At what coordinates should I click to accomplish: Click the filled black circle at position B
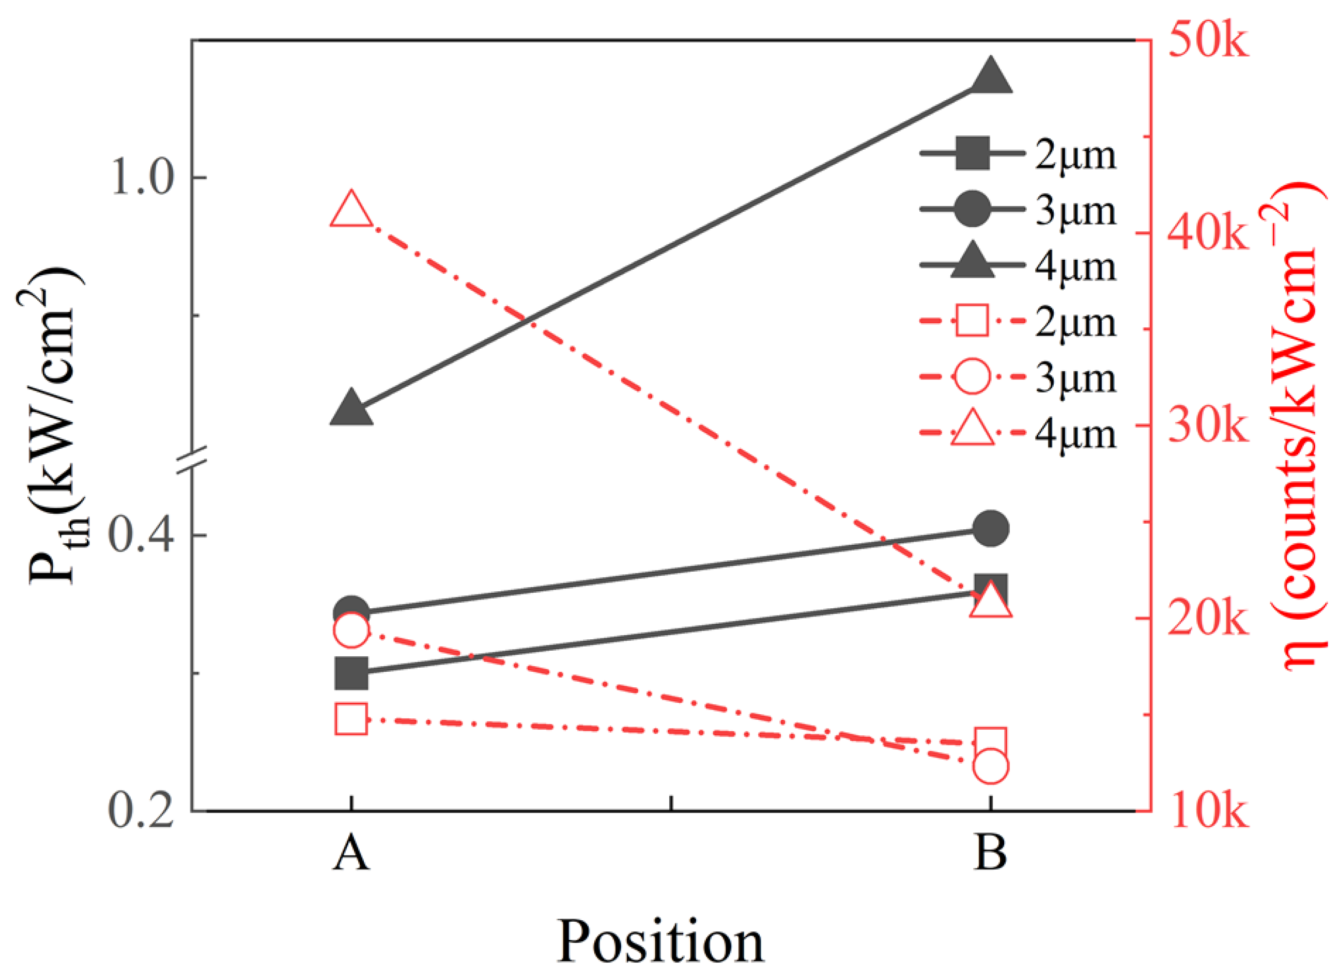[x=990, y=528]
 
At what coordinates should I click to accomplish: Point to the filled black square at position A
[x=351, y=673]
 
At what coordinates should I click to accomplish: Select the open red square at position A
[x=351, y=719]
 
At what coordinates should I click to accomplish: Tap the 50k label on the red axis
[x=1207, y=41]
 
